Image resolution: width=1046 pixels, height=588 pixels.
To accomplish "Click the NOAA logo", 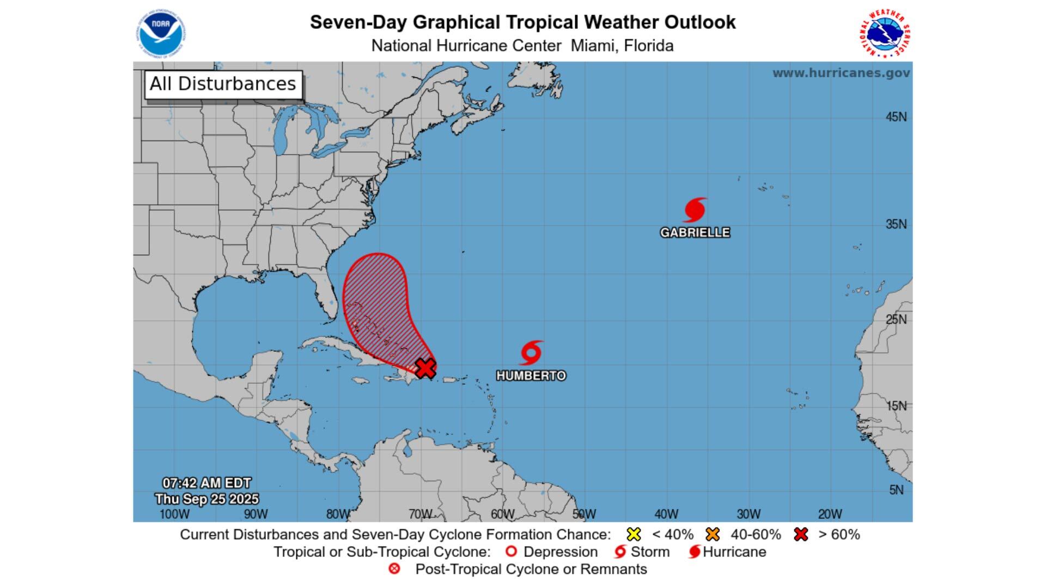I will click(x=161, y=34).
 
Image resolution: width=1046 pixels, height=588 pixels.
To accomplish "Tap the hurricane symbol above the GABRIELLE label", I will click(x=695, y=210).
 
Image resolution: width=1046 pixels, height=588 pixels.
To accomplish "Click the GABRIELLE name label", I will click(x=695, y=232).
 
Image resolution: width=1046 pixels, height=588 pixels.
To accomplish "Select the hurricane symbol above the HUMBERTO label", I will click(x=531, y=353).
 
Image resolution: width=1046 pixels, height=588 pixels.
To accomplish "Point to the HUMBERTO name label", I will click(x=531, y=376).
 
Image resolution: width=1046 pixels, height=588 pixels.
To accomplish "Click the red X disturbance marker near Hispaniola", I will click(x=425, y=368).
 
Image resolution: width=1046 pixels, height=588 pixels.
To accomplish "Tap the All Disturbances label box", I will click(x=223, y=84).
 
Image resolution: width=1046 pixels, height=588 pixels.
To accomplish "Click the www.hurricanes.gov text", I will click(x=841, y=73).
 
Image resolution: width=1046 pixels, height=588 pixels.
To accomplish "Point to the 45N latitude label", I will click(x=896, y=117).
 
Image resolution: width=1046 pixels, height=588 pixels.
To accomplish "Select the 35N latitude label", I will click(x=896, y=224).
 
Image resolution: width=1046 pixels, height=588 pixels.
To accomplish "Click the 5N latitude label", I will click(x=896, y=490).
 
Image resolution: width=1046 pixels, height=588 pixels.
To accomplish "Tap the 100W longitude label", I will click(x=174, y=514).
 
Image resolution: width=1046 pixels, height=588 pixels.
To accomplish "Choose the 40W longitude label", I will click(x=666, y=514).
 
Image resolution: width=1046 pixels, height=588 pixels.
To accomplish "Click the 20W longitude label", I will click(x=830, y=514).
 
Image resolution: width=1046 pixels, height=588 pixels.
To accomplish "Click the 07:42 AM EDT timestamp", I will click(x=206, y=483).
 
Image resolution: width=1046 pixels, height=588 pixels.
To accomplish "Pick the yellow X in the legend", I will click(x=634, y=534).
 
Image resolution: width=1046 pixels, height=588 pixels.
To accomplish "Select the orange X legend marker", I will click(x=712, y=534).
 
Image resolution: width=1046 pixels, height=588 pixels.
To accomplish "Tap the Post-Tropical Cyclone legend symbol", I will click(x=394, y=569).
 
